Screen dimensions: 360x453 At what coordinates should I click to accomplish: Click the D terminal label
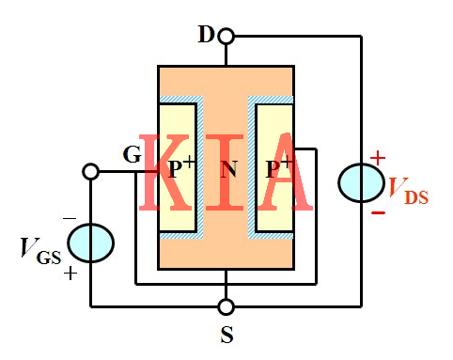coord(205,36)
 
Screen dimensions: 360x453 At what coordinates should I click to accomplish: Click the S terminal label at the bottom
coord(226,333)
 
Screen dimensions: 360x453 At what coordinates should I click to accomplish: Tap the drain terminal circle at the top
coord(226,37)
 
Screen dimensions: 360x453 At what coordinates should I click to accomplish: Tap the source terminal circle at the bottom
coord(226,306)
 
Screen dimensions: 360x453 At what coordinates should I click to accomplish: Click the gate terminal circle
coord(90,172)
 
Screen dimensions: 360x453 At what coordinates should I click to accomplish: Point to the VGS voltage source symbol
coord(90,241)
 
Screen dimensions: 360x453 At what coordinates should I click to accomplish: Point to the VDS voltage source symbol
coord(361,182)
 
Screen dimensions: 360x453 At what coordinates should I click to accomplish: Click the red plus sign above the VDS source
coord(378,157)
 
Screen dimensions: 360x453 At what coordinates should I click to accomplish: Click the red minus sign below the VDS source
coord(378,211)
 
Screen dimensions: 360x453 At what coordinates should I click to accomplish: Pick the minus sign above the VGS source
coord(70,218)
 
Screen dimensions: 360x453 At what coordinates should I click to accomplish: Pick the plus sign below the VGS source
coord(70,273)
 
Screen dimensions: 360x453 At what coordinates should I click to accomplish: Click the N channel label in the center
coord(226,170)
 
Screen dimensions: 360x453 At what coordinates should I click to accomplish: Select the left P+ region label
coord(181,169)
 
